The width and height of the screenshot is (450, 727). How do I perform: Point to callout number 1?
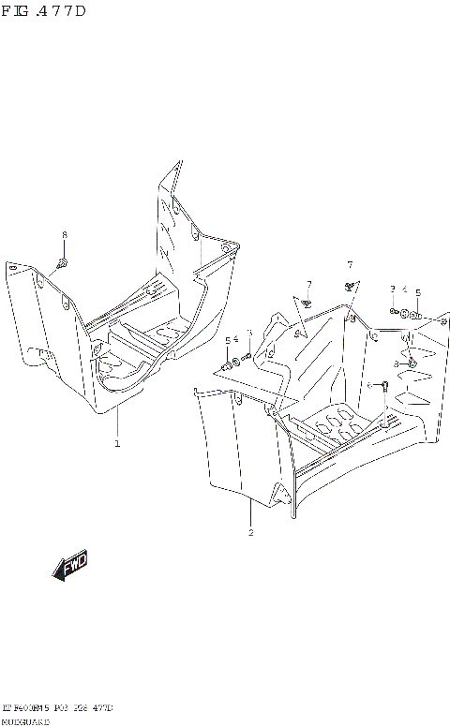pyautogui.click(x=117, y=443)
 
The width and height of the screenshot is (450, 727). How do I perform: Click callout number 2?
pyautogui.click(x=250, y=533)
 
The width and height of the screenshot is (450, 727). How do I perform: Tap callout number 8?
pyautogui.click(x=64, y=234)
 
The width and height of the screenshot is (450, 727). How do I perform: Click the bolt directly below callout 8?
pyautogui.click(x=62, y=261)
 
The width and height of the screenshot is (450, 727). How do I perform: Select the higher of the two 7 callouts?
pyautogui.click(x=349, y=264)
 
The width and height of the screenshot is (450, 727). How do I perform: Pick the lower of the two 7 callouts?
pyautogui.click(x=307, y=284)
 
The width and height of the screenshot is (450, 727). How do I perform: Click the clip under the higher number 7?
pyautogui.click(x=349, y=284)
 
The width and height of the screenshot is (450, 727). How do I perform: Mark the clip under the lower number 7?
pyautogui.click(x=307, y=302)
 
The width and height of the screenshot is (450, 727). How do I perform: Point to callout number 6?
pyautogui.click(x=368, y=385)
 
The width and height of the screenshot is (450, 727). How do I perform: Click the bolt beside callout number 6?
pyautogui.click(x=383, y=385)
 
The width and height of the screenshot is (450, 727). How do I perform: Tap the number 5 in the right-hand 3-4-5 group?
pyautogui.click(x=417, y=291)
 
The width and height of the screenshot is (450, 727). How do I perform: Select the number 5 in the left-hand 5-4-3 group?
pyautogui.click(x=226, y=340)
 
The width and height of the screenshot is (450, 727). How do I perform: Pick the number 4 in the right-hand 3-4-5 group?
pyautogui.click(x=404, y=289)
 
